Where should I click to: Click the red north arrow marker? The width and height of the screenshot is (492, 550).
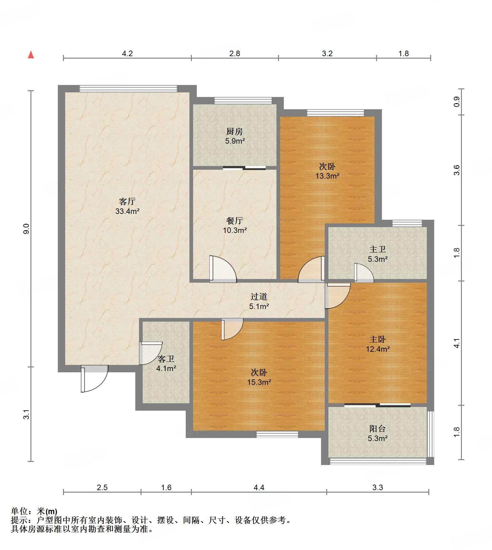31,55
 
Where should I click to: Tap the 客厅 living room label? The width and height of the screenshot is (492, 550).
127,201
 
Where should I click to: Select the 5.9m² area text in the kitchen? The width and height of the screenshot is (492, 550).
235,141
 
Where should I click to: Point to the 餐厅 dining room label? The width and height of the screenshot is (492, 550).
235,220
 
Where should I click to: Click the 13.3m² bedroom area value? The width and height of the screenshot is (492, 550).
327,176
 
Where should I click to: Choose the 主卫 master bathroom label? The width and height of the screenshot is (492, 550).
378,249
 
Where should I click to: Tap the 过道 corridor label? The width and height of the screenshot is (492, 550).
259,296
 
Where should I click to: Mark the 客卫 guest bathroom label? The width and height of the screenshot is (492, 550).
166,359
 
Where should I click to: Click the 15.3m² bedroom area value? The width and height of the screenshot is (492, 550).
259,382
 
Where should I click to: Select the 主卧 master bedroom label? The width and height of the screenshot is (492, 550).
378,339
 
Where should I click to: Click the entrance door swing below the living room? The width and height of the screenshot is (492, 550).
94,378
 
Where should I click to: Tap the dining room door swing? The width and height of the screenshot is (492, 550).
223,269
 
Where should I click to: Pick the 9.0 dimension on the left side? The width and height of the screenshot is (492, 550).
26,229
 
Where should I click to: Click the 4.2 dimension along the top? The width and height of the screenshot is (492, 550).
127,54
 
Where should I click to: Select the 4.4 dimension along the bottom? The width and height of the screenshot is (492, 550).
259,487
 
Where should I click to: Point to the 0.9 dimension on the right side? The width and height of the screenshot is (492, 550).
457,102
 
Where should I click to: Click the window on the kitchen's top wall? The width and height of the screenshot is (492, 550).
243,101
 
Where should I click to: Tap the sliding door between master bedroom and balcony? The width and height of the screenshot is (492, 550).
377,405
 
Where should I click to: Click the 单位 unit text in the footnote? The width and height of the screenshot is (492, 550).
19,511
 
